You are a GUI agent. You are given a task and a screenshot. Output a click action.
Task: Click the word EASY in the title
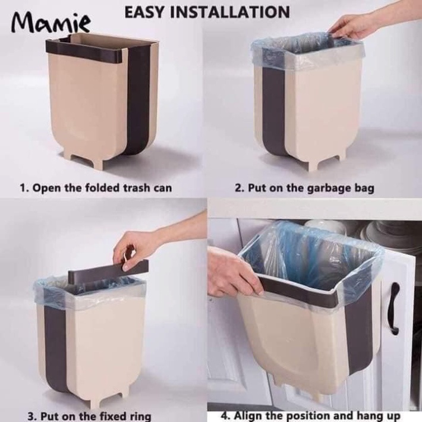[146, 12]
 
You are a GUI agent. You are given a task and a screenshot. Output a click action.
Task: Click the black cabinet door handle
[393, 308]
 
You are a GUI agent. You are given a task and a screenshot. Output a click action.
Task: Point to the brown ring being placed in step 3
[108, 272]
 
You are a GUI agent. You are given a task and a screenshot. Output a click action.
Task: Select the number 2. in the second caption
[240, 188]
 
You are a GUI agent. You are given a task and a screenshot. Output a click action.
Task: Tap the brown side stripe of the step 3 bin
[55, 347]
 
